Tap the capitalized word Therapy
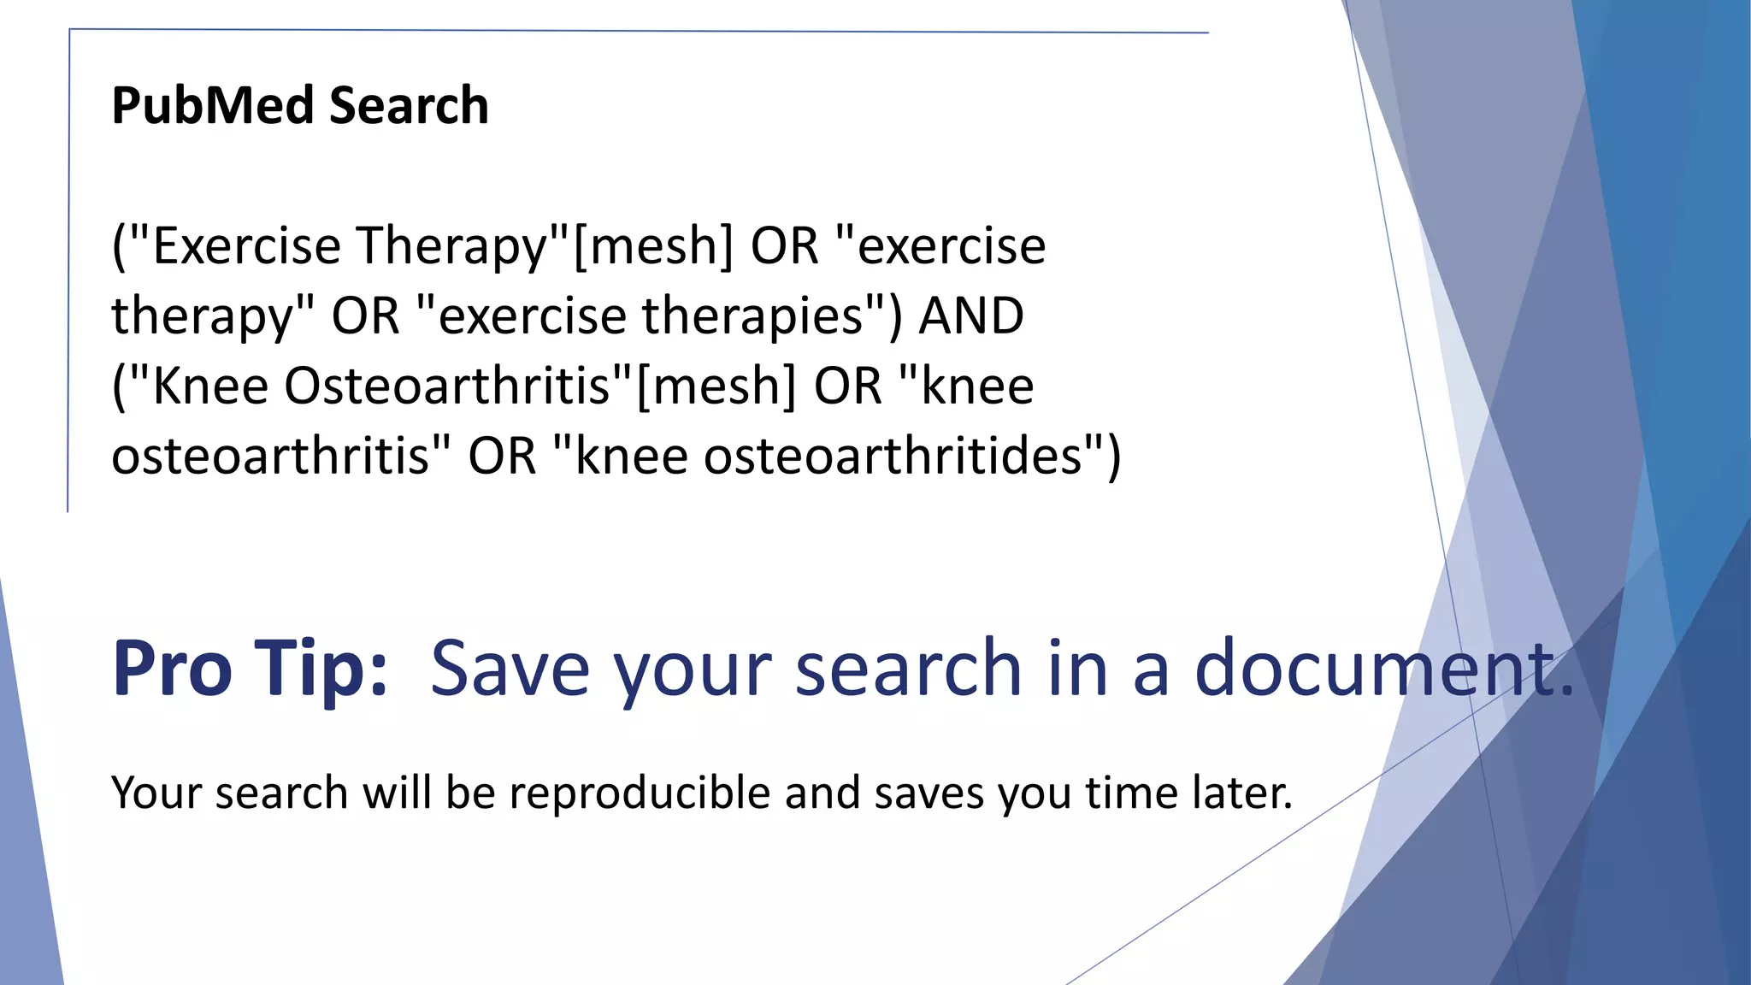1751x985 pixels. point(451,246)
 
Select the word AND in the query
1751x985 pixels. point(971,316)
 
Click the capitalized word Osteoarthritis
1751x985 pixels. point(447,386)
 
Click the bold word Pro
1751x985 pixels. point(172,669)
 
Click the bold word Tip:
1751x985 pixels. point(322,669)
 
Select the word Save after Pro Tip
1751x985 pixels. point(510,669)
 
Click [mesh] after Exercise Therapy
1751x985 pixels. point(653,246)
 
